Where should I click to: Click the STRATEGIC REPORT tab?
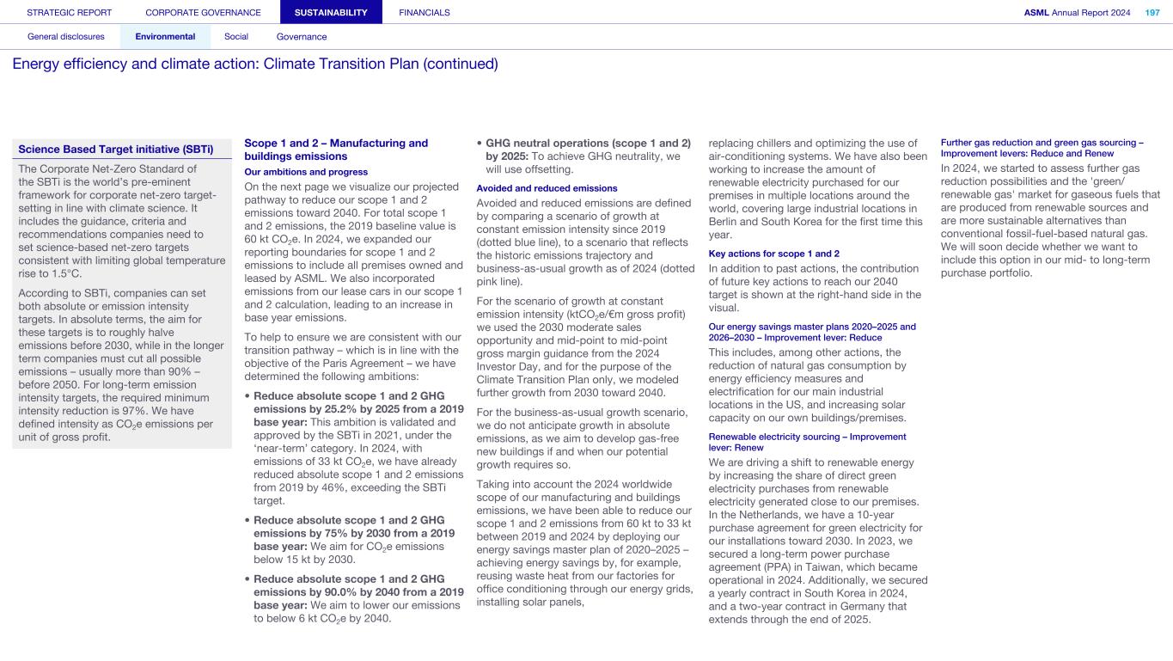70,13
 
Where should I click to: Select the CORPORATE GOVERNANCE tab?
203,13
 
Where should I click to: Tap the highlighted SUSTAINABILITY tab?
331,13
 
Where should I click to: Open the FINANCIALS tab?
425,13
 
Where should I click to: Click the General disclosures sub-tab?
66,37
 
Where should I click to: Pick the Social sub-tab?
236,37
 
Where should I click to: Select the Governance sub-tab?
302,37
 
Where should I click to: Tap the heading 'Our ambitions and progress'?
295,172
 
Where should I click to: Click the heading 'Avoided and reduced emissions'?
547,188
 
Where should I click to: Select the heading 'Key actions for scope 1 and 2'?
773,254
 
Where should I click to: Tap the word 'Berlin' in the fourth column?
726,221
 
